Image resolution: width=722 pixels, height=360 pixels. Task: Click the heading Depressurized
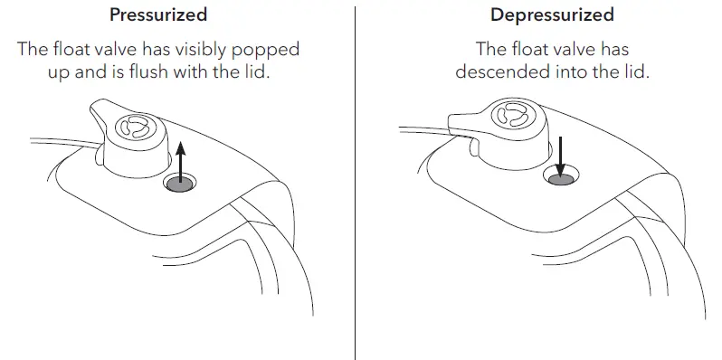[552, 15]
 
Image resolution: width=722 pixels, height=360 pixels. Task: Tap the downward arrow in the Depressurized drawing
[561, 155]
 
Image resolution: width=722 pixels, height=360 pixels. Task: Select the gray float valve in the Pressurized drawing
[179, 185]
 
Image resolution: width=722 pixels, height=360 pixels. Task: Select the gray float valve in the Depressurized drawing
[561, 178]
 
